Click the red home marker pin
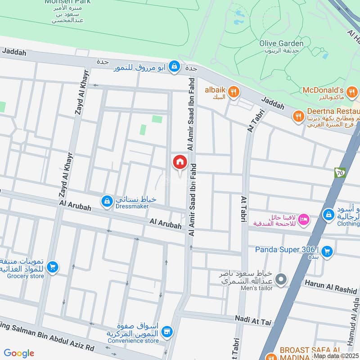(x=180, y=162)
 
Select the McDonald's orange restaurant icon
(x=353, y=92)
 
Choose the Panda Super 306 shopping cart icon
(x=327, y=251)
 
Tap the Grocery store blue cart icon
(x=53, y=267)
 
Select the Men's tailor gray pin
(x=281, y=279)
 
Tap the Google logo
(x=19, y=353)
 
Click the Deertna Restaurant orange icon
(x=298, y=117)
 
